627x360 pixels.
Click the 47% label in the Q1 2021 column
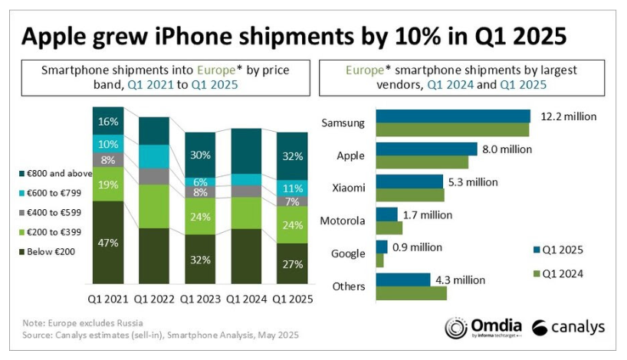click(107, 243)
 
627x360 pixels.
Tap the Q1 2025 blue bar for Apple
click(426, 149)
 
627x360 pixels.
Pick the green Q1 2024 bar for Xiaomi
click(409, 195)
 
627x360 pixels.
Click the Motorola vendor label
click(343, 221)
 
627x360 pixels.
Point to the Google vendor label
click(349, 254)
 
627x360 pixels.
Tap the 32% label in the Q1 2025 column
click(291, 156)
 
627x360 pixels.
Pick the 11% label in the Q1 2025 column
click(291, 188)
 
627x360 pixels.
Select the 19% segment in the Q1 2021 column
click(107, 184)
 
